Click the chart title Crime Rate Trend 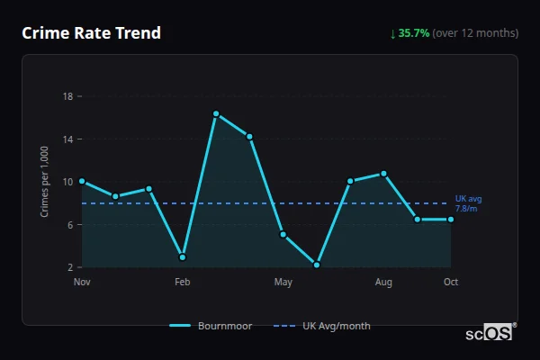[x=91, y=33]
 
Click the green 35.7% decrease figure [x=414, y=33]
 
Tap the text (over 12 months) [x=475, y=33]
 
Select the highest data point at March [x=216, y=113]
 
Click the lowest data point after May [x=317, y=265]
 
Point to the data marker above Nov [x=82, y=181]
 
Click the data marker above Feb [x=183, y=257]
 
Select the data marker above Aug [x=383, y=174]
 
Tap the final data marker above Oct [x=451, y=220]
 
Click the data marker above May [x=283, y=235]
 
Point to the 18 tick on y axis [x=67, y=96]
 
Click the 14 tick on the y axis [x=67, y=139]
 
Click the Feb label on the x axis [x=183, y=283]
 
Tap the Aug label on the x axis [x=383, y=283]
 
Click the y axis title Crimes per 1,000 [x=45, y=182]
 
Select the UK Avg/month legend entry [x=324, y=326]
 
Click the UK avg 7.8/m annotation [x=468, y=203]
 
